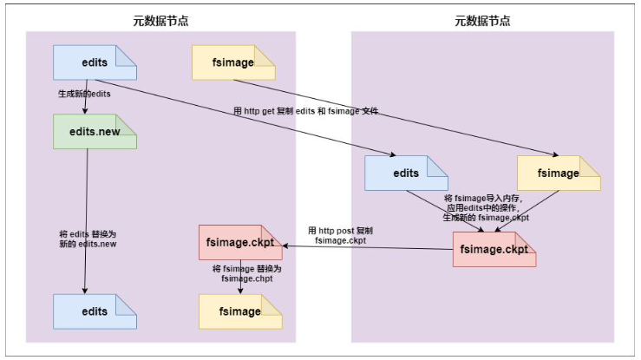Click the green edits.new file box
point(95,131)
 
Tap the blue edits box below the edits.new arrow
point(95,311)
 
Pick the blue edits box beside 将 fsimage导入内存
point(406,173)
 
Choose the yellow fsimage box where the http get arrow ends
point(558,173)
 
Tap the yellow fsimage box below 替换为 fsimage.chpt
point(240,311)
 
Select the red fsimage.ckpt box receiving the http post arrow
point(240,244)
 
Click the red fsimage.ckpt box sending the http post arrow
point(494,249)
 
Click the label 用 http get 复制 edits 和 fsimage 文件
point(305,111)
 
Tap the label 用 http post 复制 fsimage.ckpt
point(341,235)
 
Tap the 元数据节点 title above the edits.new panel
point(160,20)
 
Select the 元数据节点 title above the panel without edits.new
point(483,20)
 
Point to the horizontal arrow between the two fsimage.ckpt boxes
point(364,247)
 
